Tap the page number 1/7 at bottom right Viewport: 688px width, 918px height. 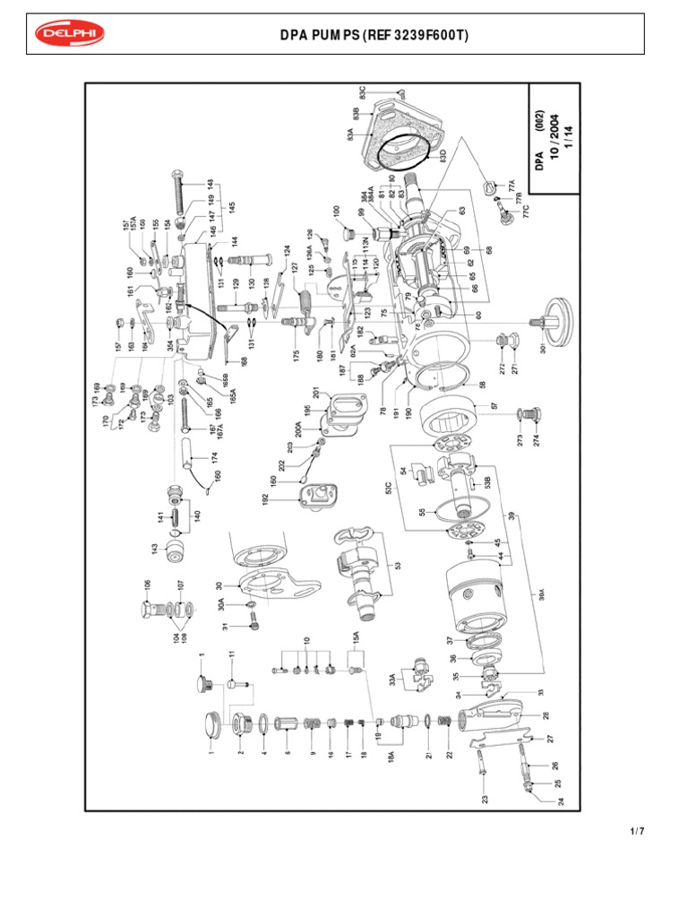tap(637, 831)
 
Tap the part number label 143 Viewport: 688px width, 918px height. tap(152, 548)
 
